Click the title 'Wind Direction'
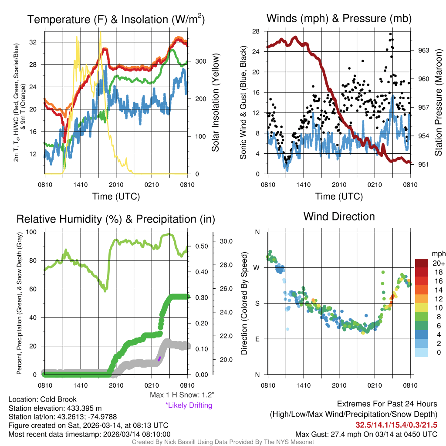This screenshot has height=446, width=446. click(x=339, y=216)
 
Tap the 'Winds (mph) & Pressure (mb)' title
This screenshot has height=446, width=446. click(x=339, y=19)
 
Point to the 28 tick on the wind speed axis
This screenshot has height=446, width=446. click(x=256, y=31)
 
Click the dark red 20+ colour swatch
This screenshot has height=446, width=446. click(x=422, y=263)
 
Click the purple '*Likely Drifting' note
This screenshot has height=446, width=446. click(x=189, y=405)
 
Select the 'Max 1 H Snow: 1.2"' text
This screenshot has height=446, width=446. click(x=182, y=395)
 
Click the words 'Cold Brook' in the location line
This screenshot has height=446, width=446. click(x=58, y=399)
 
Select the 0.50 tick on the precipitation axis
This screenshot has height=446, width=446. click(x=201, y=246)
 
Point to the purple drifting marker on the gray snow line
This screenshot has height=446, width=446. click(x=159, y=358)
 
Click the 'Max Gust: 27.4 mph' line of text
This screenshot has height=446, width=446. click(x=366, y=434)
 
